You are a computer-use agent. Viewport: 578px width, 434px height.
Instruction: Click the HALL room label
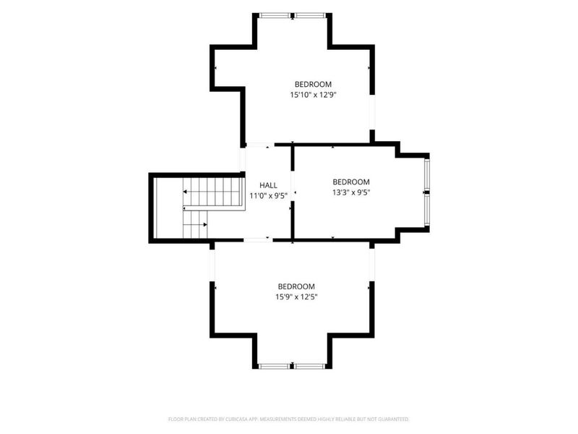[x=268, y=185]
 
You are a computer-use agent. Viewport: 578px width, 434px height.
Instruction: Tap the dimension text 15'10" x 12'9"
[x=314, y=95]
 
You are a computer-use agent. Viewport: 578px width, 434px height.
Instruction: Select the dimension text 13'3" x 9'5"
[x=351, y=192]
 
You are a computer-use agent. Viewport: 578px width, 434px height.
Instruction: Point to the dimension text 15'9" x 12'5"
[x=296, y=297]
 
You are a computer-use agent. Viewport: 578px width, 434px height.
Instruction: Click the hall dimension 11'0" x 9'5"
[x=268, y=195]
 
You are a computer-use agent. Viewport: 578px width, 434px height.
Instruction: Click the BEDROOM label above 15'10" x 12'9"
[x=313, y=84]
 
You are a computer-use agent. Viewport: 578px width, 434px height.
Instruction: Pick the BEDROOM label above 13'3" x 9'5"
[x=351, y=182]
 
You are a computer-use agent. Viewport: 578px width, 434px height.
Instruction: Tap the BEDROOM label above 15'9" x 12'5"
[x=296, y=286]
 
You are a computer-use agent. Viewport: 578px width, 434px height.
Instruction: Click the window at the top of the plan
[x=293, y=15]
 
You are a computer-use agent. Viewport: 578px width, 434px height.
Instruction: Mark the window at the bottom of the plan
[x=293, y=366]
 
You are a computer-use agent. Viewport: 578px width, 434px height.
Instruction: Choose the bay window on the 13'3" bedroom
[x=426, y=192]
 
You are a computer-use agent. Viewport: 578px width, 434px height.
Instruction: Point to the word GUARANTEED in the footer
[x=395, y=420]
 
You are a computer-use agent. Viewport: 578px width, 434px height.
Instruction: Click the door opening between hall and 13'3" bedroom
[x=293, y=186]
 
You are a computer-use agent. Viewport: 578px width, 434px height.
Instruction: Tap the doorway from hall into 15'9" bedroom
[x=258, y=240]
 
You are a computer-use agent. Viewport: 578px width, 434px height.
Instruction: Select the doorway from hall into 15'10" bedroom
[x=260, y=145]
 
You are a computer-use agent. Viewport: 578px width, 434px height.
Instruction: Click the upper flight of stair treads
[x=214, y=192]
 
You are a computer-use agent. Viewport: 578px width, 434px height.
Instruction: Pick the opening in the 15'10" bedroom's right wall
[x=372, y=112]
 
